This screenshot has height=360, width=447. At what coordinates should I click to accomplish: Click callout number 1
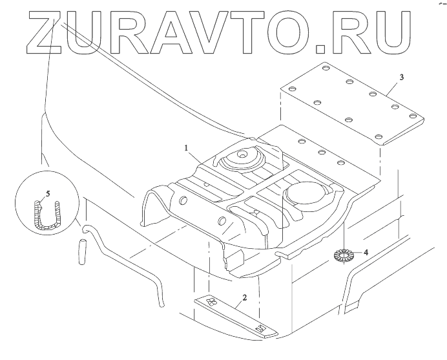(x=186, y=148)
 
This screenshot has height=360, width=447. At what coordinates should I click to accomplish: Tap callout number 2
(x=244, y=298)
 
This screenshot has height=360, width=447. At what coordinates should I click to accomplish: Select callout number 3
(x=401, y=78)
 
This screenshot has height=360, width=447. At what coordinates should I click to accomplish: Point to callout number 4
(x=366, y=253)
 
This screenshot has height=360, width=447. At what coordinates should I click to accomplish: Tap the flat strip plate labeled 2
(x=236, y=316)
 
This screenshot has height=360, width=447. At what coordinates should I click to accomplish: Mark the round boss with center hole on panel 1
(x=242, y=156)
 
